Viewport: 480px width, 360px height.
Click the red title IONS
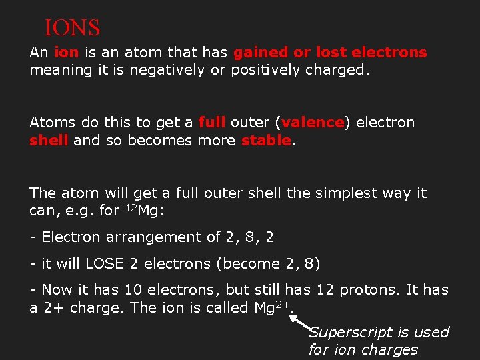(72, 28)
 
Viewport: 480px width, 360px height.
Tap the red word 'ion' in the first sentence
(65, 52)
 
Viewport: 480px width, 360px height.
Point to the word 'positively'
(266, 70)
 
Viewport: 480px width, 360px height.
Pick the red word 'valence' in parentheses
(313, 123)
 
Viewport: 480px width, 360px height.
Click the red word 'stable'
(266, 141)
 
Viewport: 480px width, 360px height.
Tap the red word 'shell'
(49, 141)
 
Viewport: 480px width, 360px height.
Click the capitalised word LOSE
(105, 264)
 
